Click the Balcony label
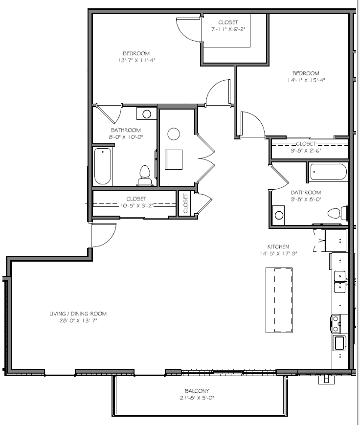tap(197, 391)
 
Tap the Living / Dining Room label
tap(78, 314)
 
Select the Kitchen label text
tap(278, 246)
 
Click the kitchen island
tap(279, 300)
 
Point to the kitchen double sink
tap(339, 282)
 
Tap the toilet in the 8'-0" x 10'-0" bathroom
tap(145, 176)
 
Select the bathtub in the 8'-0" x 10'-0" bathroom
tap(103, 166)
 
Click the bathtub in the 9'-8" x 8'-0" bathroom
tap(328, 172)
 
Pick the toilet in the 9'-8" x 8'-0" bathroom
tap(338, 213)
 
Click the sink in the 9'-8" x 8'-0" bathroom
tap(279, 215)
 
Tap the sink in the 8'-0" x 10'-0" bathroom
tap(147, 114)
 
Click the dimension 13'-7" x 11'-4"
tap(136, 61)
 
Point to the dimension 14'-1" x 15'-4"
tap(306, 80)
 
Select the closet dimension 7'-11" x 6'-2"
tap(228, 29)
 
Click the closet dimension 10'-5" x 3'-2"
tap(136, 206)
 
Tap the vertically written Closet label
tap(185, 203)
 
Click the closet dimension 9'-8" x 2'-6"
tap(306, 151)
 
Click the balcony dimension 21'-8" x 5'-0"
tap(197, 398)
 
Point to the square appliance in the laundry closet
tap(174, 159)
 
